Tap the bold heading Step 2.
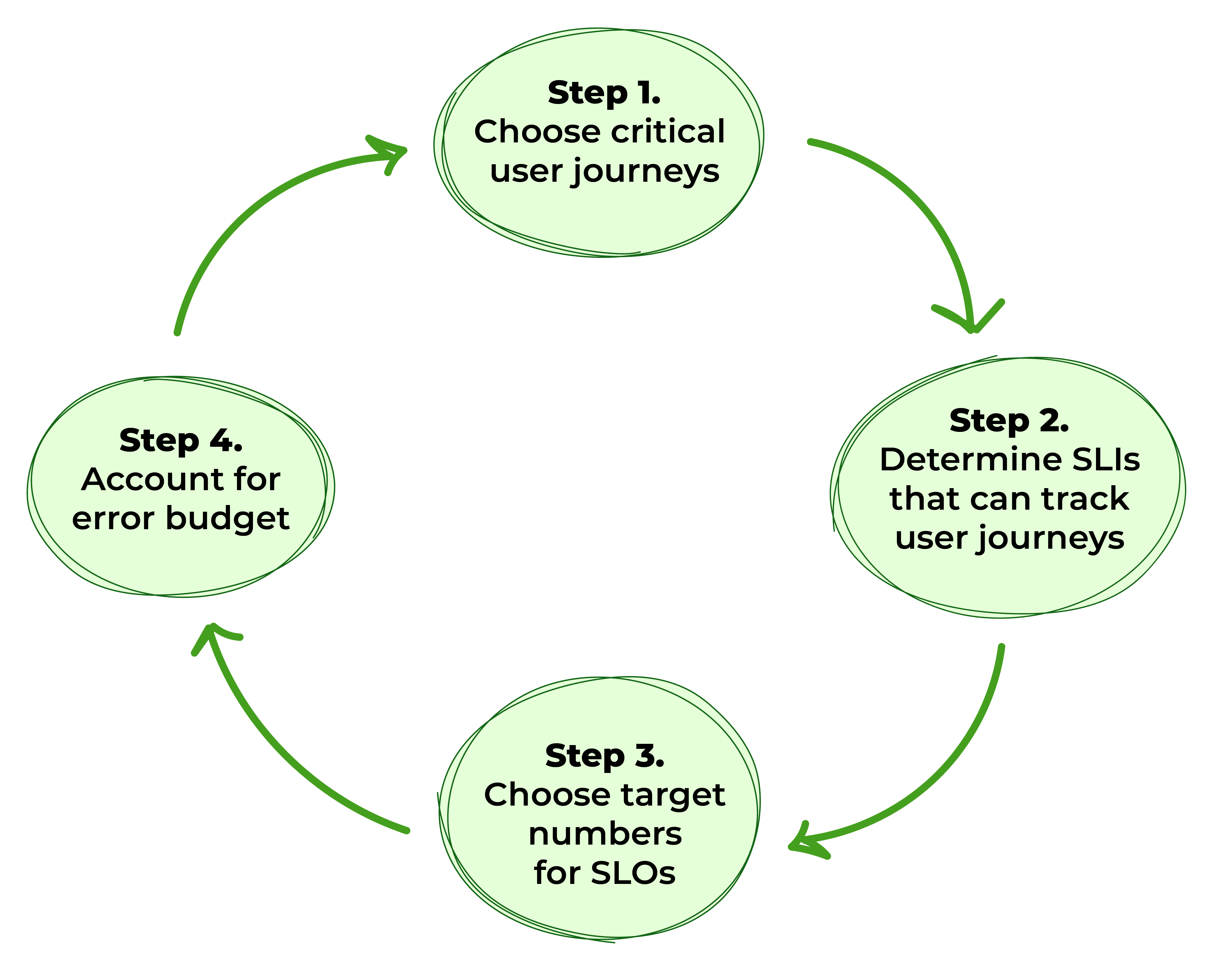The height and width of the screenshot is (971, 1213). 1009,421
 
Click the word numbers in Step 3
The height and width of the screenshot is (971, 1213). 605,834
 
